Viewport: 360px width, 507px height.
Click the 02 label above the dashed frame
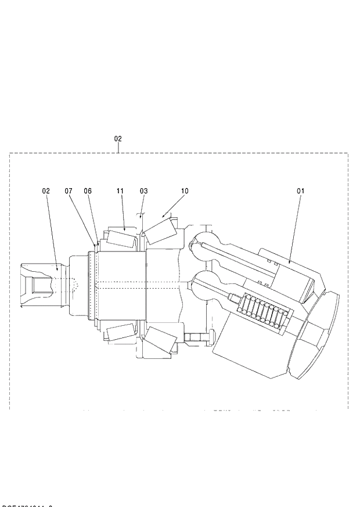pos(118,139)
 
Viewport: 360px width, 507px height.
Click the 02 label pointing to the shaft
pos(46,190)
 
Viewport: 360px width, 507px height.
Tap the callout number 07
pos(69,190)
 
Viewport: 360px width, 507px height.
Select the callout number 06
pos(88,190)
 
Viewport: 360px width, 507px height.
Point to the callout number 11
pos(120,190)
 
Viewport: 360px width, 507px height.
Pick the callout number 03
pos(143,190)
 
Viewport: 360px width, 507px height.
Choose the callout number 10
pos(185,190)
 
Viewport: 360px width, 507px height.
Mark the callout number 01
pos(301,190)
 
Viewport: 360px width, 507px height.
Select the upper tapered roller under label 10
pos(160,231)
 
